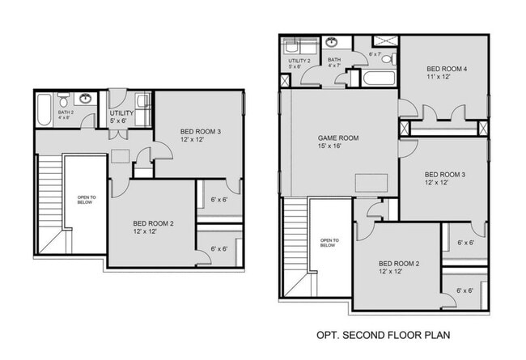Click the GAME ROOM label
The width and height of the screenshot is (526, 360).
pos(337,138)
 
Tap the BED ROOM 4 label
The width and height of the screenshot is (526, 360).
pos(447,70)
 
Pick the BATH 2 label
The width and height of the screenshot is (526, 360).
pos(66,112)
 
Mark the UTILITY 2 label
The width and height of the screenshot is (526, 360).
pos(299,61)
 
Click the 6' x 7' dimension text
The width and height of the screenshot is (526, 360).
pos(375,54)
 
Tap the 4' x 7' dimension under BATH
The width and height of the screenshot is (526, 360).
pos(334,66)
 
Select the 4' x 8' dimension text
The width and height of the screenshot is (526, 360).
pos(65,118)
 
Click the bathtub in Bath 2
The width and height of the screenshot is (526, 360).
pos(45,104)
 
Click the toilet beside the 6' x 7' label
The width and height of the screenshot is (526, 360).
pos(387,59)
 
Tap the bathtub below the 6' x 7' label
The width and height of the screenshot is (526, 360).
pos(379,79)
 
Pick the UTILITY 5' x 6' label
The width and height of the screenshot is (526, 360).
pos(122,116)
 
